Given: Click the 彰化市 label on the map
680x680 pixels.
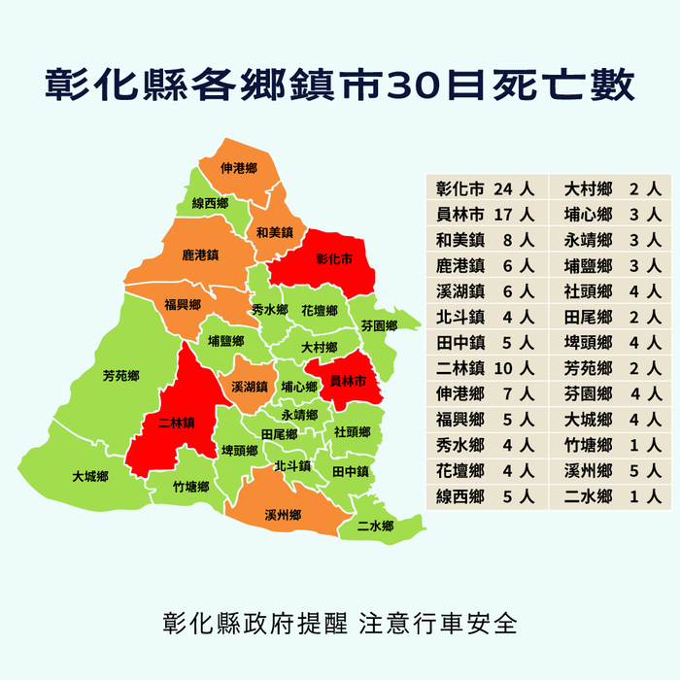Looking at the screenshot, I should point(334,259).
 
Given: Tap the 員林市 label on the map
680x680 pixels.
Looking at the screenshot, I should point(348,381).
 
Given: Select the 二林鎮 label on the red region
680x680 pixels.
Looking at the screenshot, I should point(177,423).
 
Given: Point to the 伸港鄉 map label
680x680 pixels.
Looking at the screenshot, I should point(238,168).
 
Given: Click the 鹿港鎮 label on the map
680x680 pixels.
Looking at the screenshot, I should point(200,255).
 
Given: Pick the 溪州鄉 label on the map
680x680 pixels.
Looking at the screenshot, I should point(283,514).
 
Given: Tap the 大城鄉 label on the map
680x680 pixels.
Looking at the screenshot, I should point(89,477).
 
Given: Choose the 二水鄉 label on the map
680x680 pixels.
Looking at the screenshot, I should point(374,526).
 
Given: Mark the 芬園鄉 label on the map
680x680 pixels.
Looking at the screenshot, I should point(379,325).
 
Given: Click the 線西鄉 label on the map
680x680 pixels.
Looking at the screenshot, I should point(210,204).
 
